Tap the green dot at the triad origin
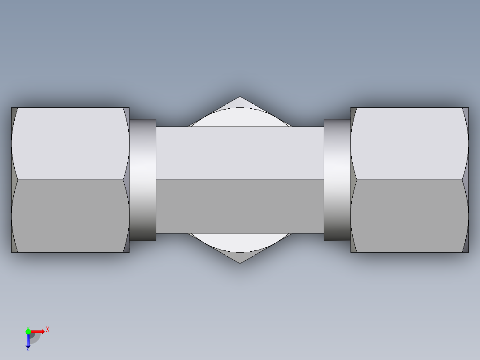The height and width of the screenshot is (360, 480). click(28, 331)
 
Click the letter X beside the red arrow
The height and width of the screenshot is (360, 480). click(48, 329)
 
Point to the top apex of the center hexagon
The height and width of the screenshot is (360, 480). click(240, 97)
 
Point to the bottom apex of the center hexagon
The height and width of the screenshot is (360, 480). click(240, 263)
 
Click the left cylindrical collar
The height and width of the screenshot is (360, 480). click(143, 180)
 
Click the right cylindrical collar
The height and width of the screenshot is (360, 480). click(337, 180)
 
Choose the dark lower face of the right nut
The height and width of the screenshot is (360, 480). click(410, 216)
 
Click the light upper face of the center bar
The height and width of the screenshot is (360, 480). click(240, 153)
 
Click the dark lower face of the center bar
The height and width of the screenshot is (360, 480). click(240, 206)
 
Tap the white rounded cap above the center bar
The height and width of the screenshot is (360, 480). click(240, 117)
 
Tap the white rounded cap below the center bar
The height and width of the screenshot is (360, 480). click(240, 242)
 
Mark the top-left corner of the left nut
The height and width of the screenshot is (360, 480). click(12, 108)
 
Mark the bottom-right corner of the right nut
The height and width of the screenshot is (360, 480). click(468, 252)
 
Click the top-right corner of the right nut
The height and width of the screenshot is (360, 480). click(468, 108)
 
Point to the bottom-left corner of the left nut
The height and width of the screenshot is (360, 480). click(12, 252)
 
